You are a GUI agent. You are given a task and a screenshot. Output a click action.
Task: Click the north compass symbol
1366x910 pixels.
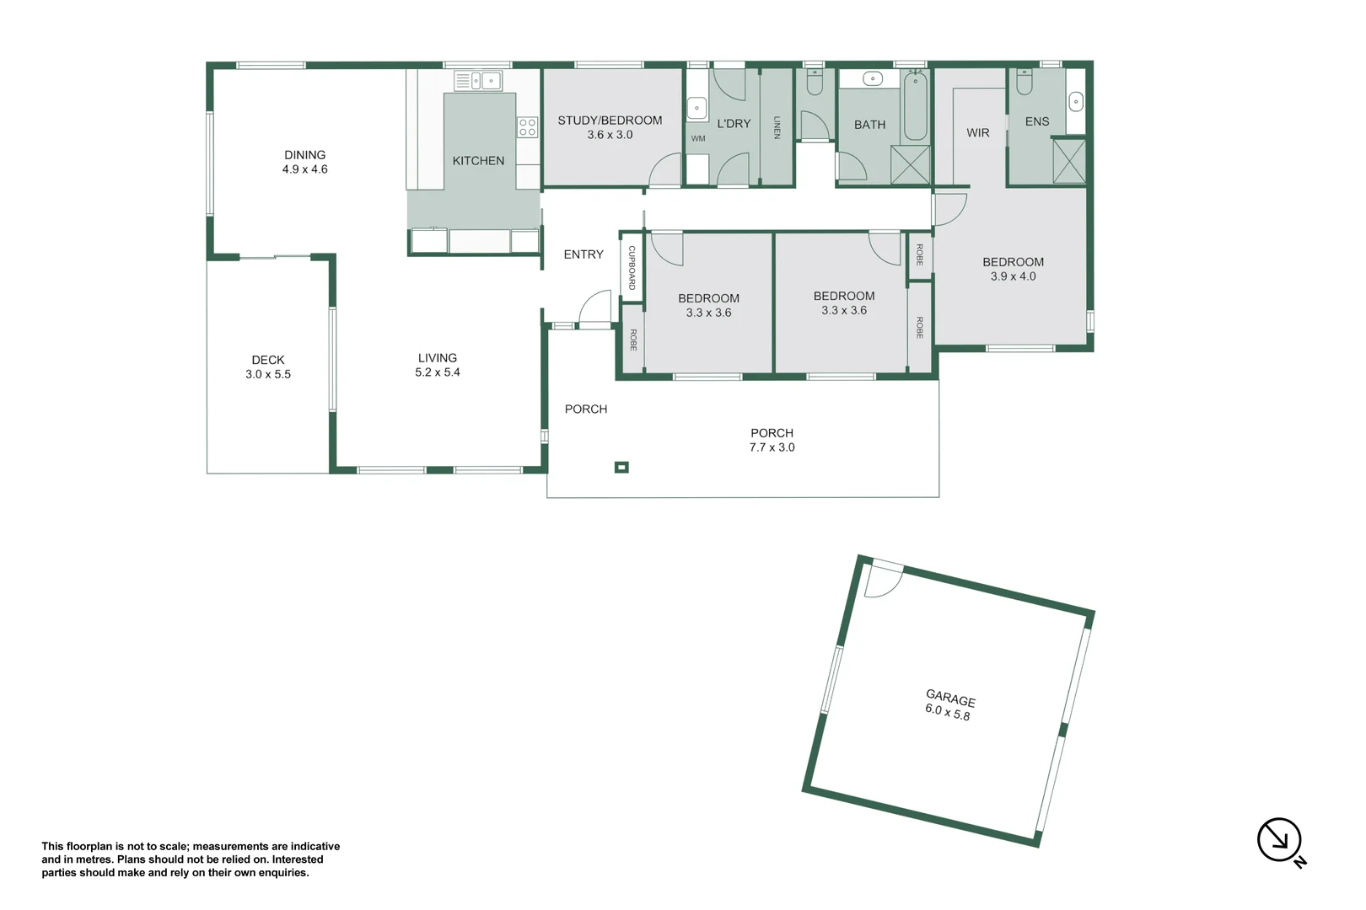(x=1279, y=840)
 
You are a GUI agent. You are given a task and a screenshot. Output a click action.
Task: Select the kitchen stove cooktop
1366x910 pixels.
(x=528, y=127)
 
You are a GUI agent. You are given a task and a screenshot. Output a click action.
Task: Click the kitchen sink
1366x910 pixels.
(x=478, y=81)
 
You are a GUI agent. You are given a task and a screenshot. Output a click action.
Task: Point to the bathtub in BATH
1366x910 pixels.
(x=916, y=107)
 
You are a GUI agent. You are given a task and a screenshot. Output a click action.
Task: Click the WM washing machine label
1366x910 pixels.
(x=698, y=138)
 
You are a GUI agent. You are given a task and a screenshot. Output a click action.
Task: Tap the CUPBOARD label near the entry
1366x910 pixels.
(x=632, y=268)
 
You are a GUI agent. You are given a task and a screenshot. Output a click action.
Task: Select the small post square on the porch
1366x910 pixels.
(x=621, y=467)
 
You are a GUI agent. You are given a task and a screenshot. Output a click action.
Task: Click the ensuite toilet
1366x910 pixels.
(x=1024, y=82)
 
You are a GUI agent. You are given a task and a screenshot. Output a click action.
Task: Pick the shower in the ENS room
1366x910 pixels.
(x=1069, y=161)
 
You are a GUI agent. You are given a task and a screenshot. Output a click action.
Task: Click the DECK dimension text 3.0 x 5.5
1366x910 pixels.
(x=268, y=374)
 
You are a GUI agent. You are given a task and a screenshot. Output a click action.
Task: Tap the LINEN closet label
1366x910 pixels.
(x=777, y=127)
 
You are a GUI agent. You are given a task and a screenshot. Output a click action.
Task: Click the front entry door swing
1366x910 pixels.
(x=595, y=308)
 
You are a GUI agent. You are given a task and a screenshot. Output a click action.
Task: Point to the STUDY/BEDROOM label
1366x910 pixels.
(x=610, y=120)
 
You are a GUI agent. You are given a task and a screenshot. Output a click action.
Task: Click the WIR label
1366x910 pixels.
(x=978, y=132)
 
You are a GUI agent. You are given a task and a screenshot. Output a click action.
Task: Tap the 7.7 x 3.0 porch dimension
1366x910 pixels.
(x=772, y=447)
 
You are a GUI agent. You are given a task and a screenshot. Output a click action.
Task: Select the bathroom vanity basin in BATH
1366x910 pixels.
(x=873, y=79)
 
